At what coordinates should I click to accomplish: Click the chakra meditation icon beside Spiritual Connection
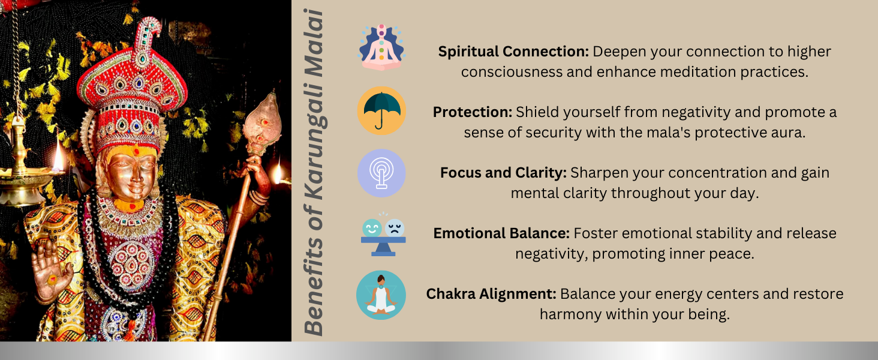click(381, 47)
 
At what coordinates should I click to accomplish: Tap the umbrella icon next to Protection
click(381, 110)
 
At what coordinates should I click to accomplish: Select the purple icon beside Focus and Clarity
click(381, 173)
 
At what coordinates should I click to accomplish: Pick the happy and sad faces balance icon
click(383, 234)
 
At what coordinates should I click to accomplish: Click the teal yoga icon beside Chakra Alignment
click(381, 295)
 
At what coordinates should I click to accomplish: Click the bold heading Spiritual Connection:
click(513, 52)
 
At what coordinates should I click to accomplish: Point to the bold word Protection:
click(473, 112)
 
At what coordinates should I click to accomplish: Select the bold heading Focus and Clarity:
click(503, 173)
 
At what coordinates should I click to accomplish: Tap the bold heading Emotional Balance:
click(501, 233)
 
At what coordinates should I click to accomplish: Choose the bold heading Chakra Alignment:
click(491, 294)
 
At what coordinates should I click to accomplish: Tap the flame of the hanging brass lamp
click(59, 156)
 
